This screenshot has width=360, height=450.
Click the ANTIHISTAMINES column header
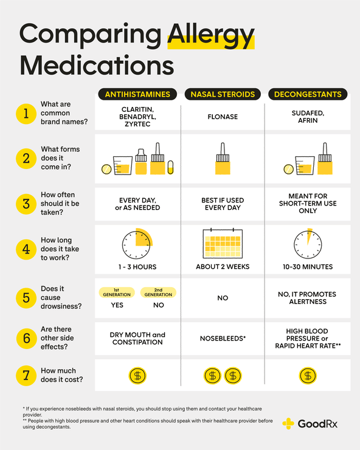137,94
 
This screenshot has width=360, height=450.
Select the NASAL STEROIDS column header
223,94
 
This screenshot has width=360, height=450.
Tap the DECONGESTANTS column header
308,94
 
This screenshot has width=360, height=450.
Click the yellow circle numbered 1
26,113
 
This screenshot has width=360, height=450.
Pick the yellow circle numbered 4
26,249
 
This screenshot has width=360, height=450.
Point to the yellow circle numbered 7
26,375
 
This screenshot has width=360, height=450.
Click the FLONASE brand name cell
223,116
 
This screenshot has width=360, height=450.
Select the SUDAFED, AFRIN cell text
308,116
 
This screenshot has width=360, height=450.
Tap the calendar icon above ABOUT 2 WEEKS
223,244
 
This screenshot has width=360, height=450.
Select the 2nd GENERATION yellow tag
158,292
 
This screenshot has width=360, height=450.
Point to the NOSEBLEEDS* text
223,338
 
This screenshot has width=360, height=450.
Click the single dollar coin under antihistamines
137,376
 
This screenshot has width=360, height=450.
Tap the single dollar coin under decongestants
308,376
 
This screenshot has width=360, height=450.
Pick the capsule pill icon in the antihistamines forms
170,168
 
